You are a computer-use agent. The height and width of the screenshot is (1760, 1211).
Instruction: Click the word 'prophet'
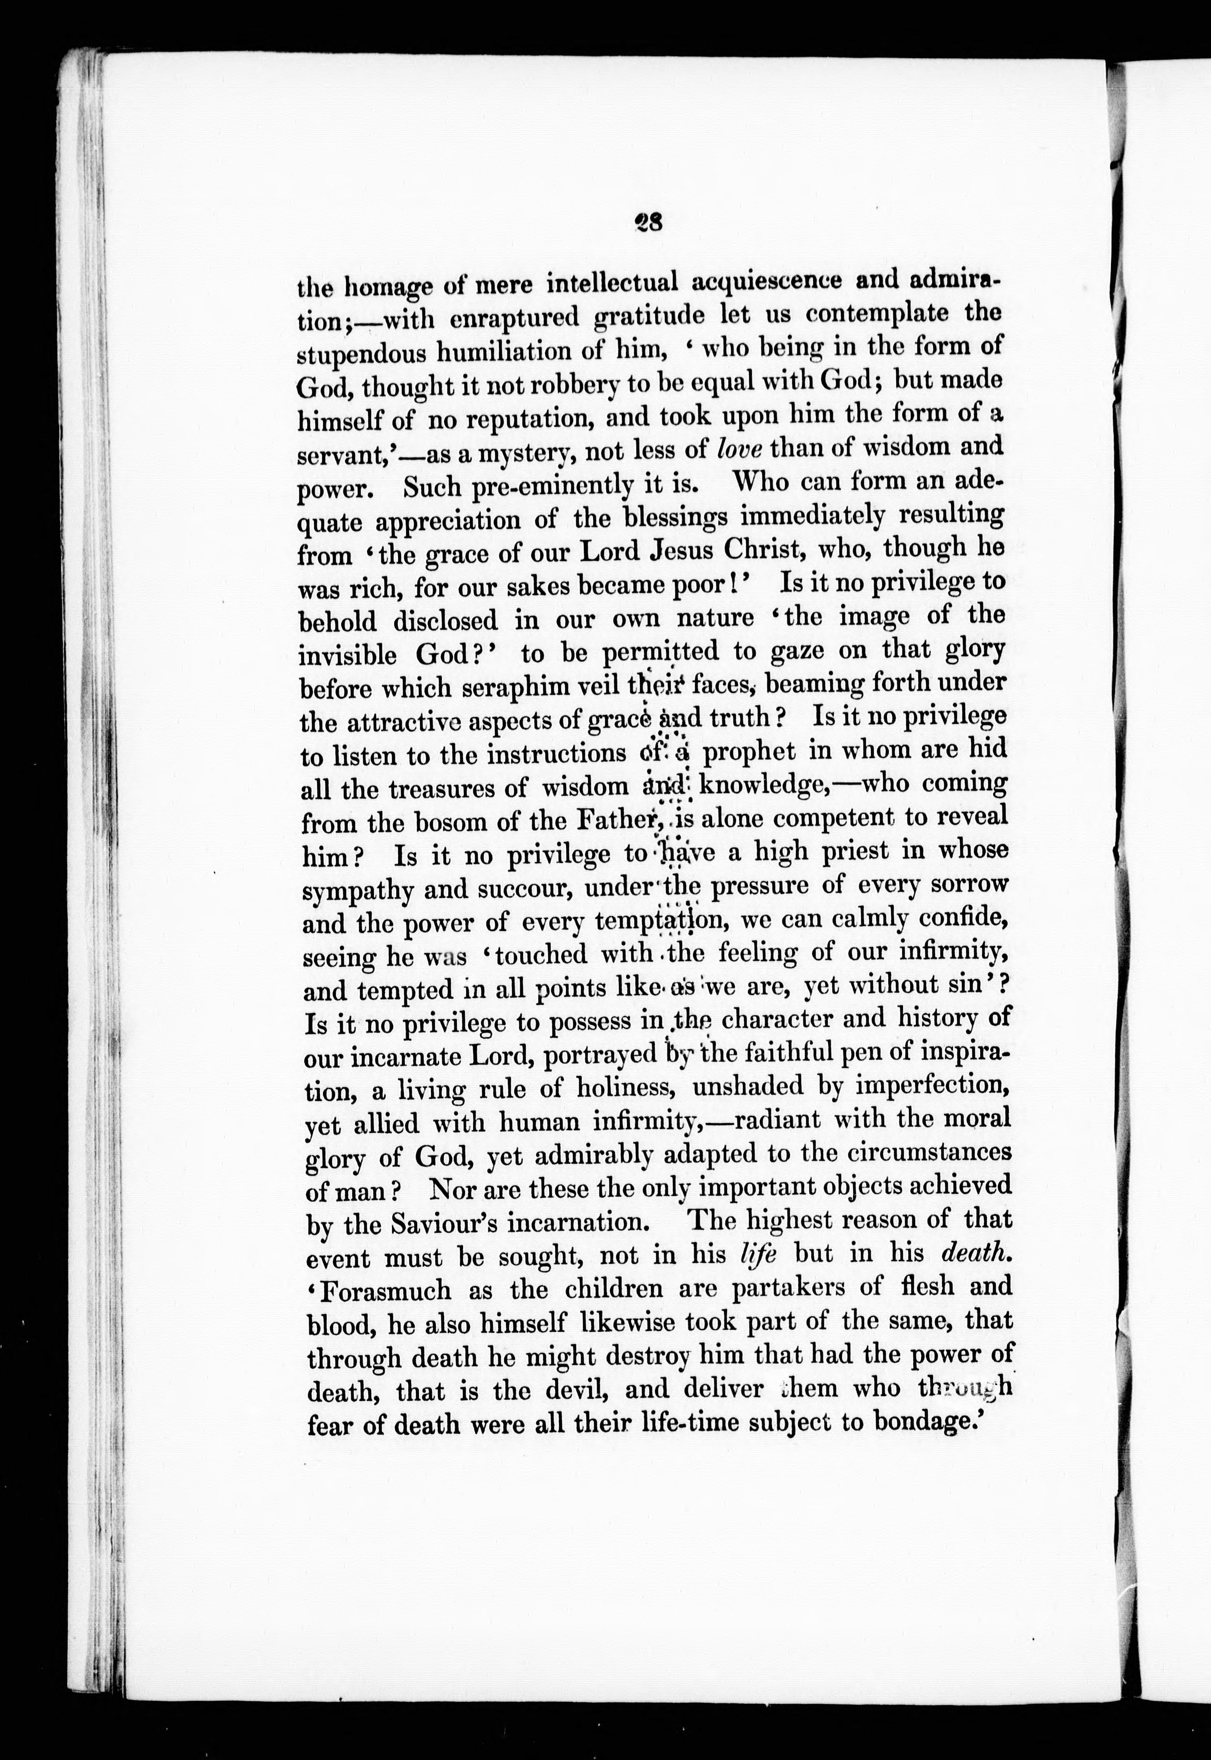[749, 751]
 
